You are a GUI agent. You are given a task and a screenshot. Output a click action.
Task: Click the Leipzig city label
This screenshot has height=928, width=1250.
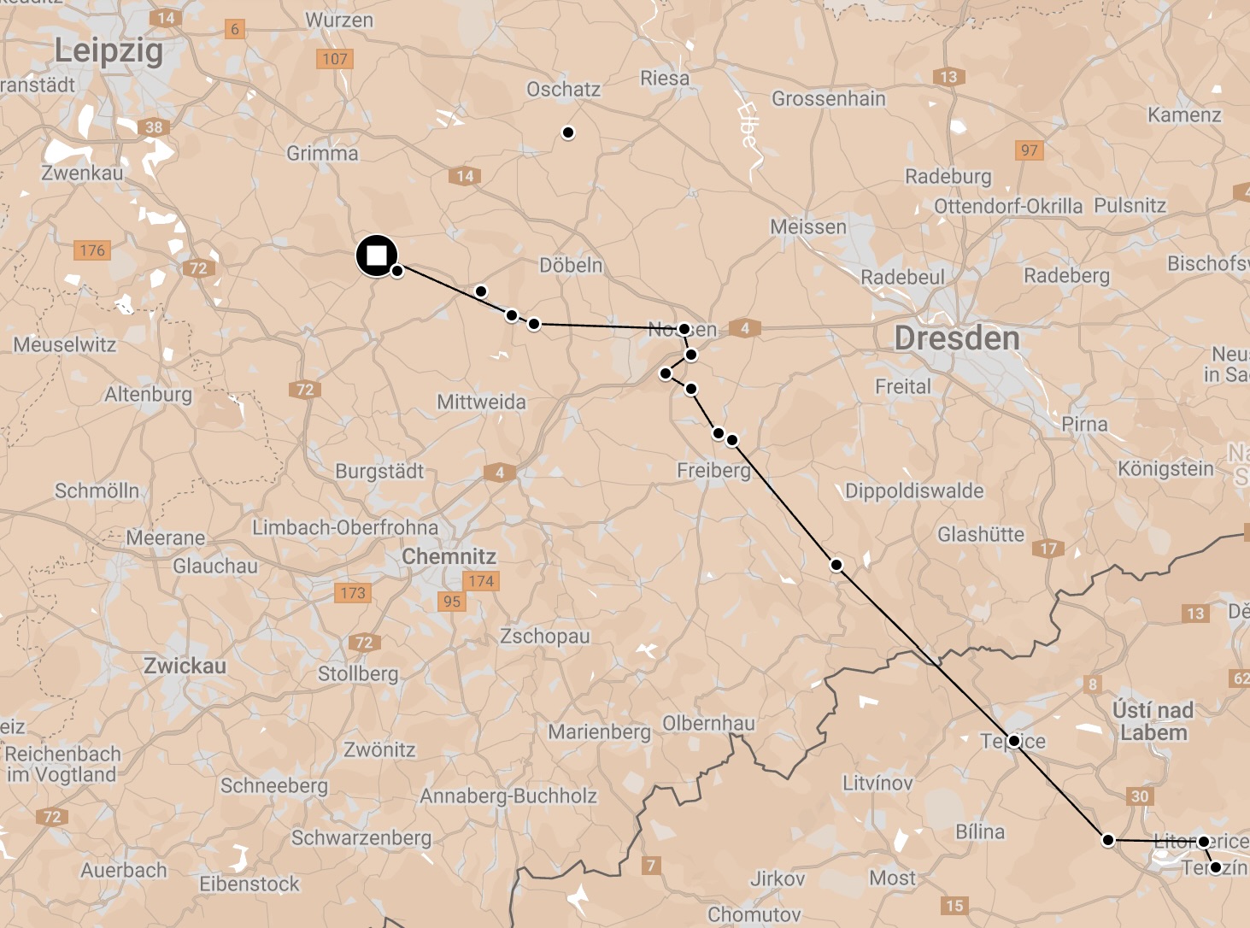click(x=109, y=50)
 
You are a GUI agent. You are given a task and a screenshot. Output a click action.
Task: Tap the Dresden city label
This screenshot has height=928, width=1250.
click(x=957, y=338)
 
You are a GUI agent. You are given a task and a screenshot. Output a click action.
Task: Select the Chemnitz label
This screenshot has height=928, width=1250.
click(x=449, y=556)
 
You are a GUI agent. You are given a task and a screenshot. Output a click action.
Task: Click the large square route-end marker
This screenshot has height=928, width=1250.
click(x=377, y=255)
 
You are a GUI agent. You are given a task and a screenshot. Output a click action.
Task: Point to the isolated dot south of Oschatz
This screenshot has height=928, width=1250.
click(x=568, y=132)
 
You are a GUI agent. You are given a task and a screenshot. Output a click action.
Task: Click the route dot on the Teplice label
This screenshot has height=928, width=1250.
click(x=1014, y=741)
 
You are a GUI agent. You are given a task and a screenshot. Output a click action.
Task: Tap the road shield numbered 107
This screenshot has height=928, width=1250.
click(x=334, y=59)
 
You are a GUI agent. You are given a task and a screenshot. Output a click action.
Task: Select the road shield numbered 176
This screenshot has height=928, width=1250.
click(x=92, y=250)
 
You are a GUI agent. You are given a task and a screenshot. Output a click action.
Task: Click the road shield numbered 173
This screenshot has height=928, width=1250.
click(x=353, y=593)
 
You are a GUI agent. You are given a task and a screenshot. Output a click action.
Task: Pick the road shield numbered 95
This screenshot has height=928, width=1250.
click(x=452, y=602)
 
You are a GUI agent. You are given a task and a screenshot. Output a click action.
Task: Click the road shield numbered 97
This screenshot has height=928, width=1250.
click(x=1030, y=150)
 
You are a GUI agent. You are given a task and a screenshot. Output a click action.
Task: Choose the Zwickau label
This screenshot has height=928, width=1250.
click(x=185, y=666)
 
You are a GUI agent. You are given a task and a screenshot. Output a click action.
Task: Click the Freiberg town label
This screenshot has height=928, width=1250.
click(x=713, y=471)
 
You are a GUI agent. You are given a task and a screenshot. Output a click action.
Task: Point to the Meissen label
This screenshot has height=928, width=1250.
click(x=808, y=227)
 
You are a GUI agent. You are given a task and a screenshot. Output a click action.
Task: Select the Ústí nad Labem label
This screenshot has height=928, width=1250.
click(x=1153, y=721)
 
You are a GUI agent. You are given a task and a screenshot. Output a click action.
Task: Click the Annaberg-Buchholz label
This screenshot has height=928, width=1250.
click(x=508, y=796)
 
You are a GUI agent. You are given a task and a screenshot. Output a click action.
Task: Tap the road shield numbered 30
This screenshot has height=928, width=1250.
click(x=1140, y=796)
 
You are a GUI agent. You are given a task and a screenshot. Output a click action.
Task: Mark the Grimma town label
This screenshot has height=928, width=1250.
click(x=322, y=154)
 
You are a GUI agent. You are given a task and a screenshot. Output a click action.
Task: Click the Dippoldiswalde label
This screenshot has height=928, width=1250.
click(x=914, y=491)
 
